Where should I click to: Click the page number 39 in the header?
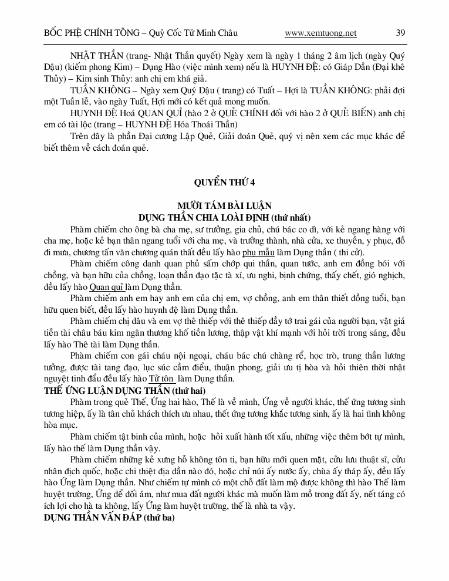[400, 33]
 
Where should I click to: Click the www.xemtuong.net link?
[320, 33]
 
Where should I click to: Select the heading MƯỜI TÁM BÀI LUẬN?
[224, 206]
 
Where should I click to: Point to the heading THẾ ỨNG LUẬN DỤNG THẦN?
[102, 390]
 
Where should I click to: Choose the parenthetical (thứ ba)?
[157, 517]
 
